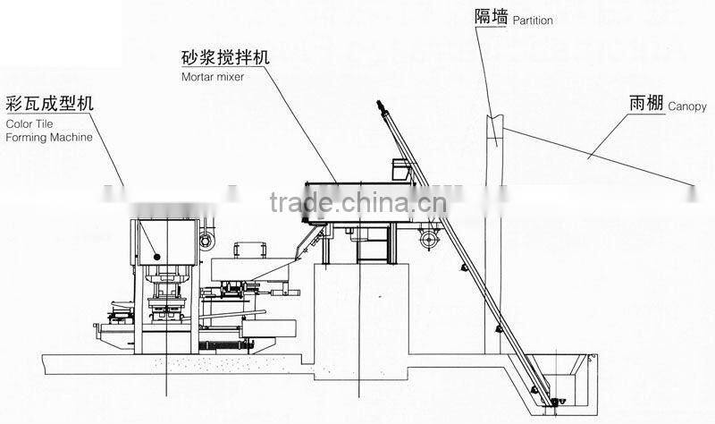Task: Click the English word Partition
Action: tap(531, 21)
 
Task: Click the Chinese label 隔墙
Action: tap(490, 16)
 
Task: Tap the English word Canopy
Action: tap(686, 106)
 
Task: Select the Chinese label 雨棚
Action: tap(644, 104)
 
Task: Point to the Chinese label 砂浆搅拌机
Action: tap(224, 60)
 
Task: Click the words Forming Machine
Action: tap(48, 138)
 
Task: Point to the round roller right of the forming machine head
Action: tap(206, 240)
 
